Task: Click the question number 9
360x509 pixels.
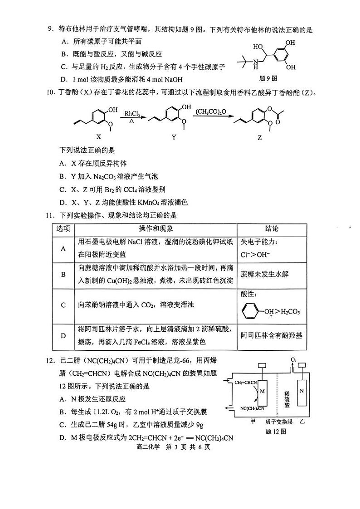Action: [51, 30]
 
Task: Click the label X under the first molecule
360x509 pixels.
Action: [99, 136]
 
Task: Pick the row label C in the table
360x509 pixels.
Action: [63, 305]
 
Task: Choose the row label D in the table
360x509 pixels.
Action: [63, 335]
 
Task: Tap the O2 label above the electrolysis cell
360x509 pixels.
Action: [293, 360]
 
